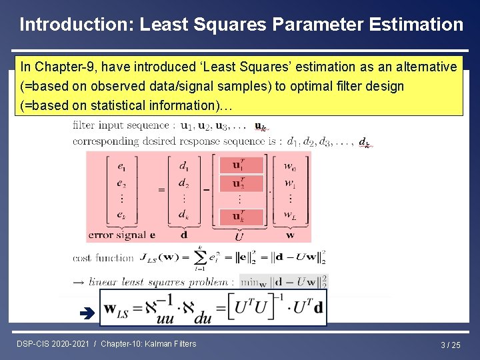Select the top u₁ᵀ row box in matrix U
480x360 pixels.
click(239, 165)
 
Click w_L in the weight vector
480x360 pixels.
click(290, 215)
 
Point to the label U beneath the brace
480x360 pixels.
click(239, 237)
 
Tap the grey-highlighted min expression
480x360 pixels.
click(284, 281)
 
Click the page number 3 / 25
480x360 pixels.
click(450, 345)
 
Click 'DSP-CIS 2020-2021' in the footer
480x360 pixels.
click(54, 344)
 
